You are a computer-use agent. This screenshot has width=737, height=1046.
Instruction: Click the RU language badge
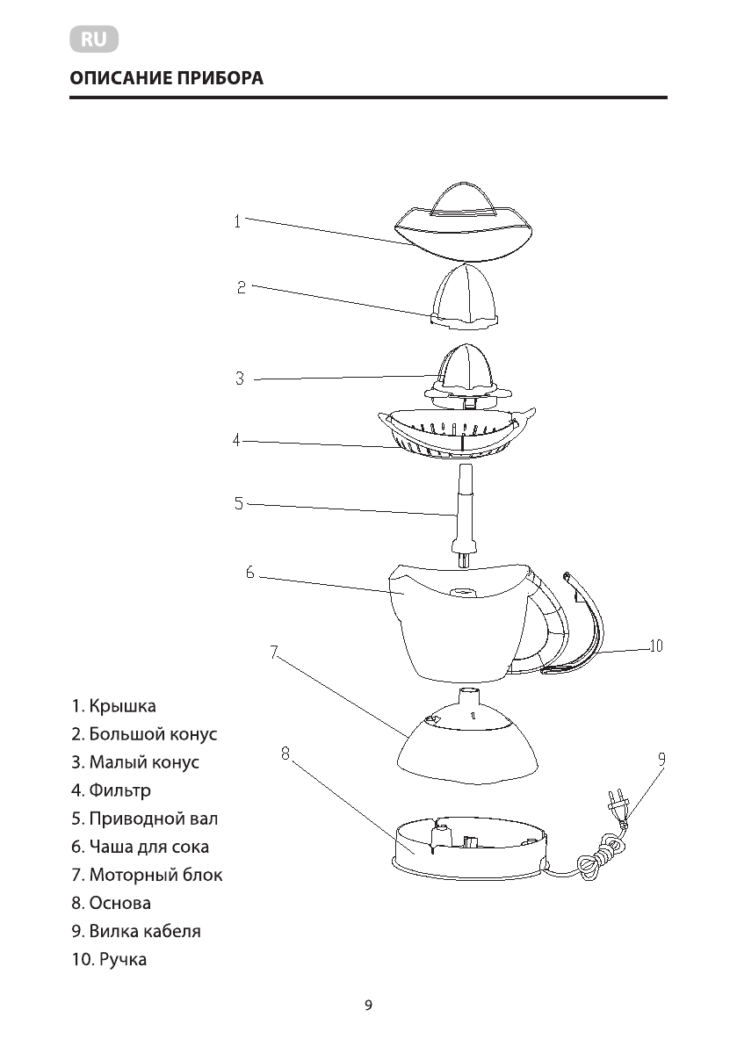pos(93,40)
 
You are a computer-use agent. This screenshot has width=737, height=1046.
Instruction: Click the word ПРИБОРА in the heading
pos(220,78)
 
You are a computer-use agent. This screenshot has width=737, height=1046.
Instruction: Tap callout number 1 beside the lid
pos(237,221)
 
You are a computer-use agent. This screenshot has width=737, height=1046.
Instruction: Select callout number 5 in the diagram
pos(238,503)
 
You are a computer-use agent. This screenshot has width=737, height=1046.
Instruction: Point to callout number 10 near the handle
pos(655,646)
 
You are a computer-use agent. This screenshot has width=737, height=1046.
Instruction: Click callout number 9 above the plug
pos(661,758)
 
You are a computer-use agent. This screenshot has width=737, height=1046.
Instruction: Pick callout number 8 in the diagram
pos(285,753)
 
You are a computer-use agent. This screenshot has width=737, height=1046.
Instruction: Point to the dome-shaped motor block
pos(467,742)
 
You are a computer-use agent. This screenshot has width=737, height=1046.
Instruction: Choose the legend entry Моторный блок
pos(155,875)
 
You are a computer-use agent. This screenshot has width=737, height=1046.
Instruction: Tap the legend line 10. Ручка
pos(109,959)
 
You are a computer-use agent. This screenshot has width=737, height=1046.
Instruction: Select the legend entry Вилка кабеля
pos(145,931)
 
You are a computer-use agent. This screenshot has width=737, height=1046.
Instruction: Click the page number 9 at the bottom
pos(368,1006)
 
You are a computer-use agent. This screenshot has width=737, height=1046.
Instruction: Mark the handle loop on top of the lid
pos(466,198)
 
